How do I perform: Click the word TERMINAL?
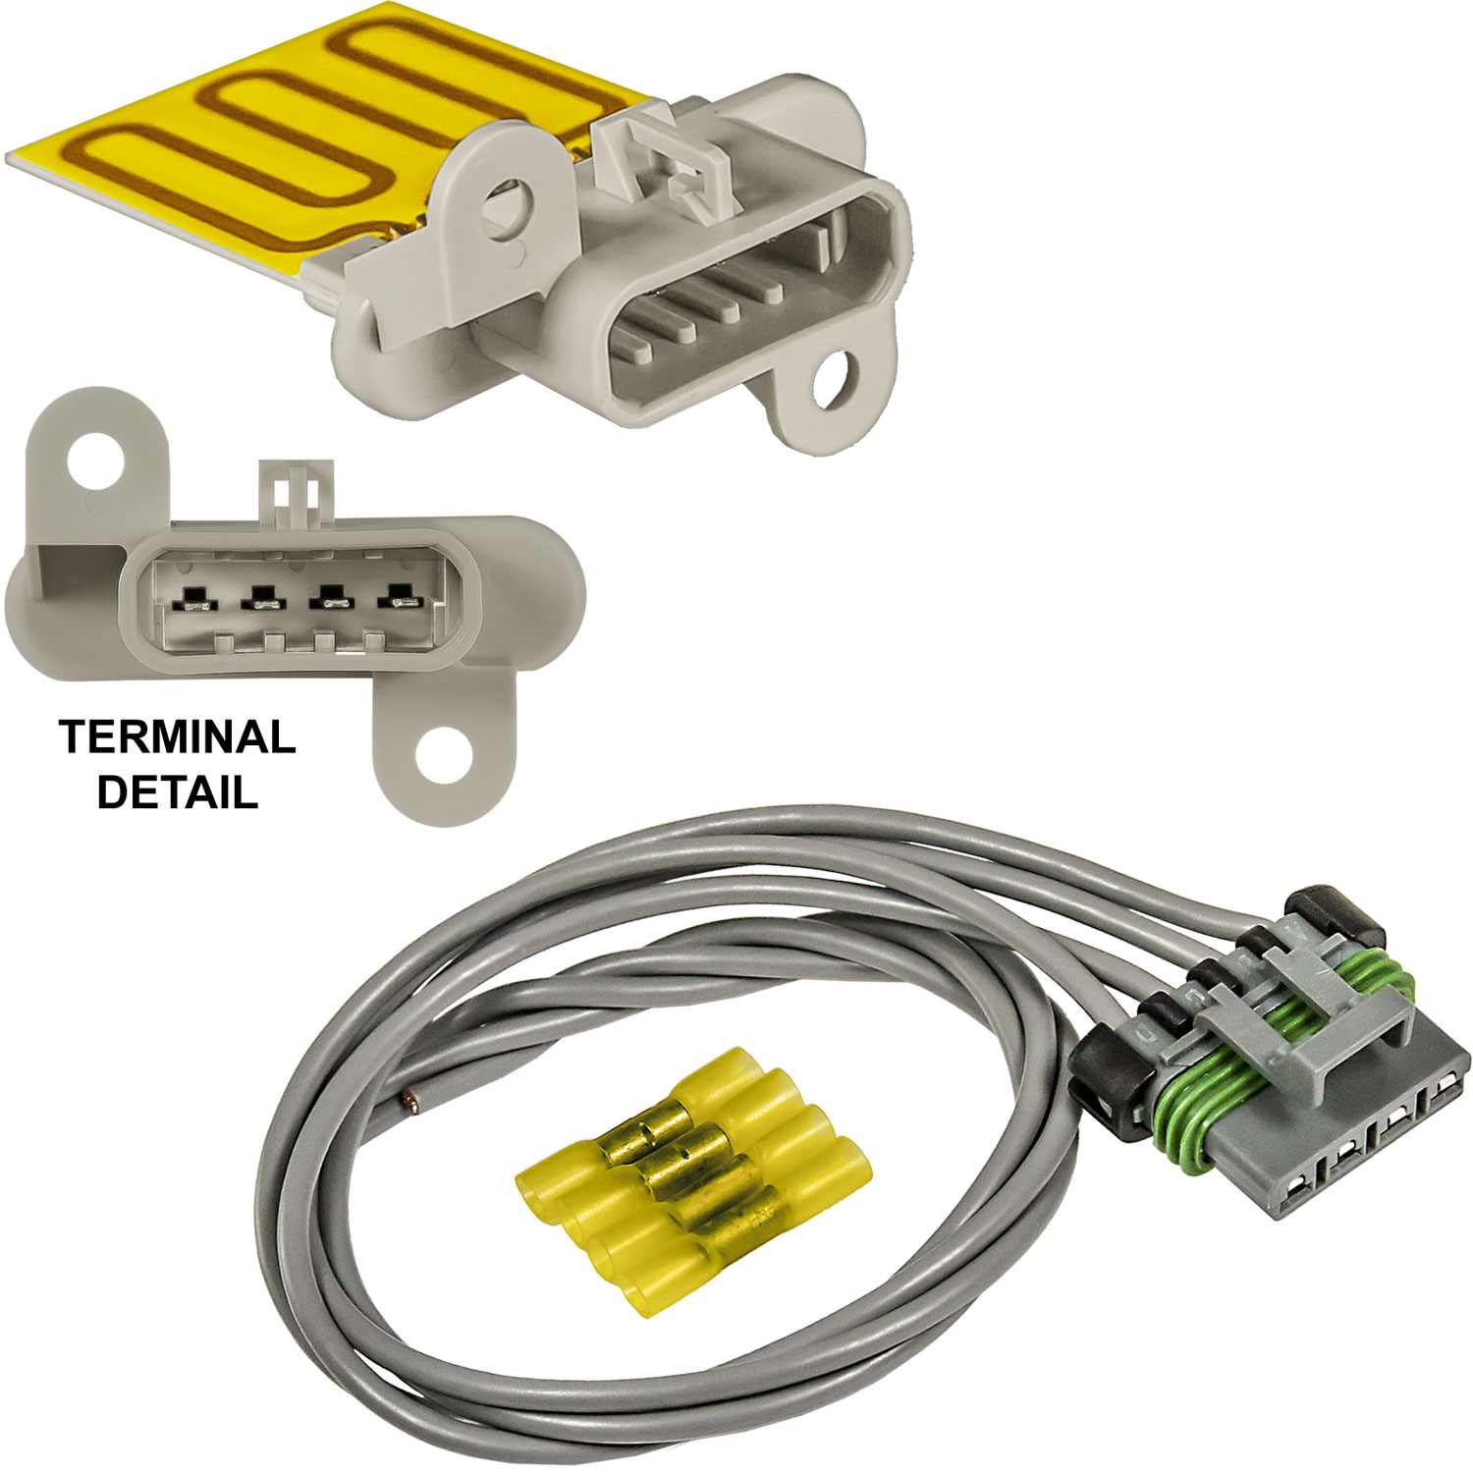[x=177, y=736]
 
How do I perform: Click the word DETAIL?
[x=178, y=791]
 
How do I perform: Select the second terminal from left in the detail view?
[x=260, y=599]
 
